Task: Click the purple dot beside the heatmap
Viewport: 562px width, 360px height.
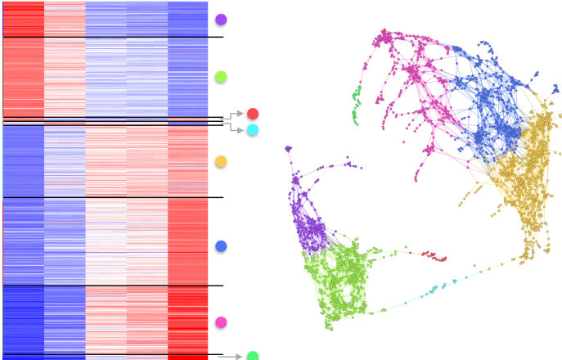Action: pos(221,19)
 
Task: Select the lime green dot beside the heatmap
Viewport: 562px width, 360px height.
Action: pos(220,77)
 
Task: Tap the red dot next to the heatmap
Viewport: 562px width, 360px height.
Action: pos(253,114)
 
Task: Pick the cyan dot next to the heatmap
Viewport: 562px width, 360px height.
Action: pos(253,130)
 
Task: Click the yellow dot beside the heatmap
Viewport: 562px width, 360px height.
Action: pos(220,162)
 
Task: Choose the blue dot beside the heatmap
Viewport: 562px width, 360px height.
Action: pos(220,246)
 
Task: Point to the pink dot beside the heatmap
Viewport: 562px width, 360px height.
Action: pos(220,322)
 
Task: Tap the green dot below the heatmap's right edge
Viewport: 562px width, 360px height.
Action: pos(253,356)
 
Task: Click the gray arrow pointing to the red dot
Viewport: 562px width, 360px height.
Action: pos(236,115)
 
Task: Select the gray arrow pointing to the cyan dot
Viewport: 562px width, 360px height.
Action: pos(236,128)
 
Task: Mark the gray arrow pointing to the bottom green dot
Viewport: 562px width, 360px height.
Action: pos(232,357)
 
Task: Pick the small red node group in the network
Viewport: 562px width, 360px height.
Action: pos(434,256)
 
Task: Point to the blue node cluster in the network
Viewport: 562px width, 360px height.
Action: pos(491,102)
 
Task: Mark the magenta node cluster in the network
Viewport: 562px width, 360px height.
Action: pos(413,74)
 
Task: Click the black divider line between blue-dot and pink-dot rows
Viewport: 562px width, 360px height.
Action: pos(113,286)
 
